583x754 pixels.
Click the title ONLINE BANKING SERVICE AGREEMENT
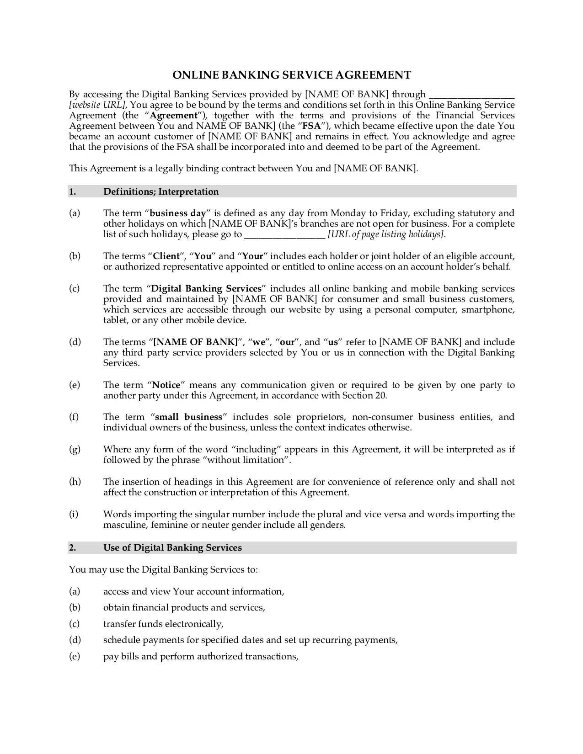[291, 75]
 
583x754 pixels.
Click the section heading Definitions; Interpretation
[161, 191]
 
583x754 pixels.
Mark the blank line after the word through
[471, 96]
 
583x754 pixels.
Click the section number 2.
[72, 547]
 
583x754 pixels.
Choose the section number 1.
[72, 191]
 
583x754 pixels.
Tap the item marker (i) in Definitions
[74, 514]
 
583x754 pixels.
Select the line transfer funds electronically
[163, 624]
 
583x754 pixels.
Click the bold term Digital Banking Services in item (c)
[206, 288]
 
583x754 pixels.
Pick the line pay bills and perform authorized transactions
[201, 656]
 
